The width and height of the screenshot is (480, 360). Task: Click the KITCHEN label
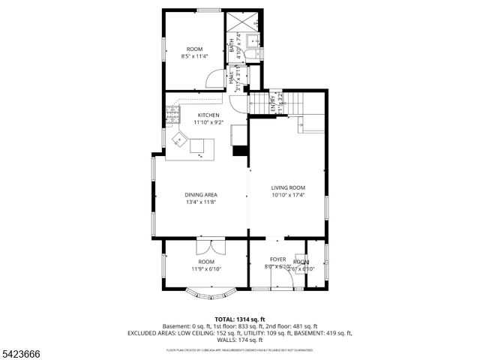click(187, 115)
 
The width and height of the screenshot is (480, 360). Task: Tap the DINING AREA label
click(201, 195)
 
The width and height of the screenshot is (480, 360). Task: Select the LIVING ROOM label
click(288, 187)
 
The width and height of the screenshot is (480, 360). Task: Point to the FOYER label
click(278, 259)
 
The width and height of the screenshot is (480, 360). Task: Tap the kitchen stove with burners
click(172, 115)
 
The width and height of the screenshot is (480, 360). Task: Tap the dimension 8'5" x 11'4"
click(193, 56)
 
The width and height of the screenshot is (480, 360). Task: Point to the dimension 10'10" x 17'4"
click(288, 195)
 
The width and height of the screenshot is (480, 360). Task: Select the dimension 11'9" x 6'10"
click(205, 268)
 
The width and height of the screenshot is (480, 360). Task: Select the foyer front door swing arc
click(279, 278)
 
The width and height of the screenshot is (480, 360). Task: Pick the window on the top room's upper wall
click(208, 10)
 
